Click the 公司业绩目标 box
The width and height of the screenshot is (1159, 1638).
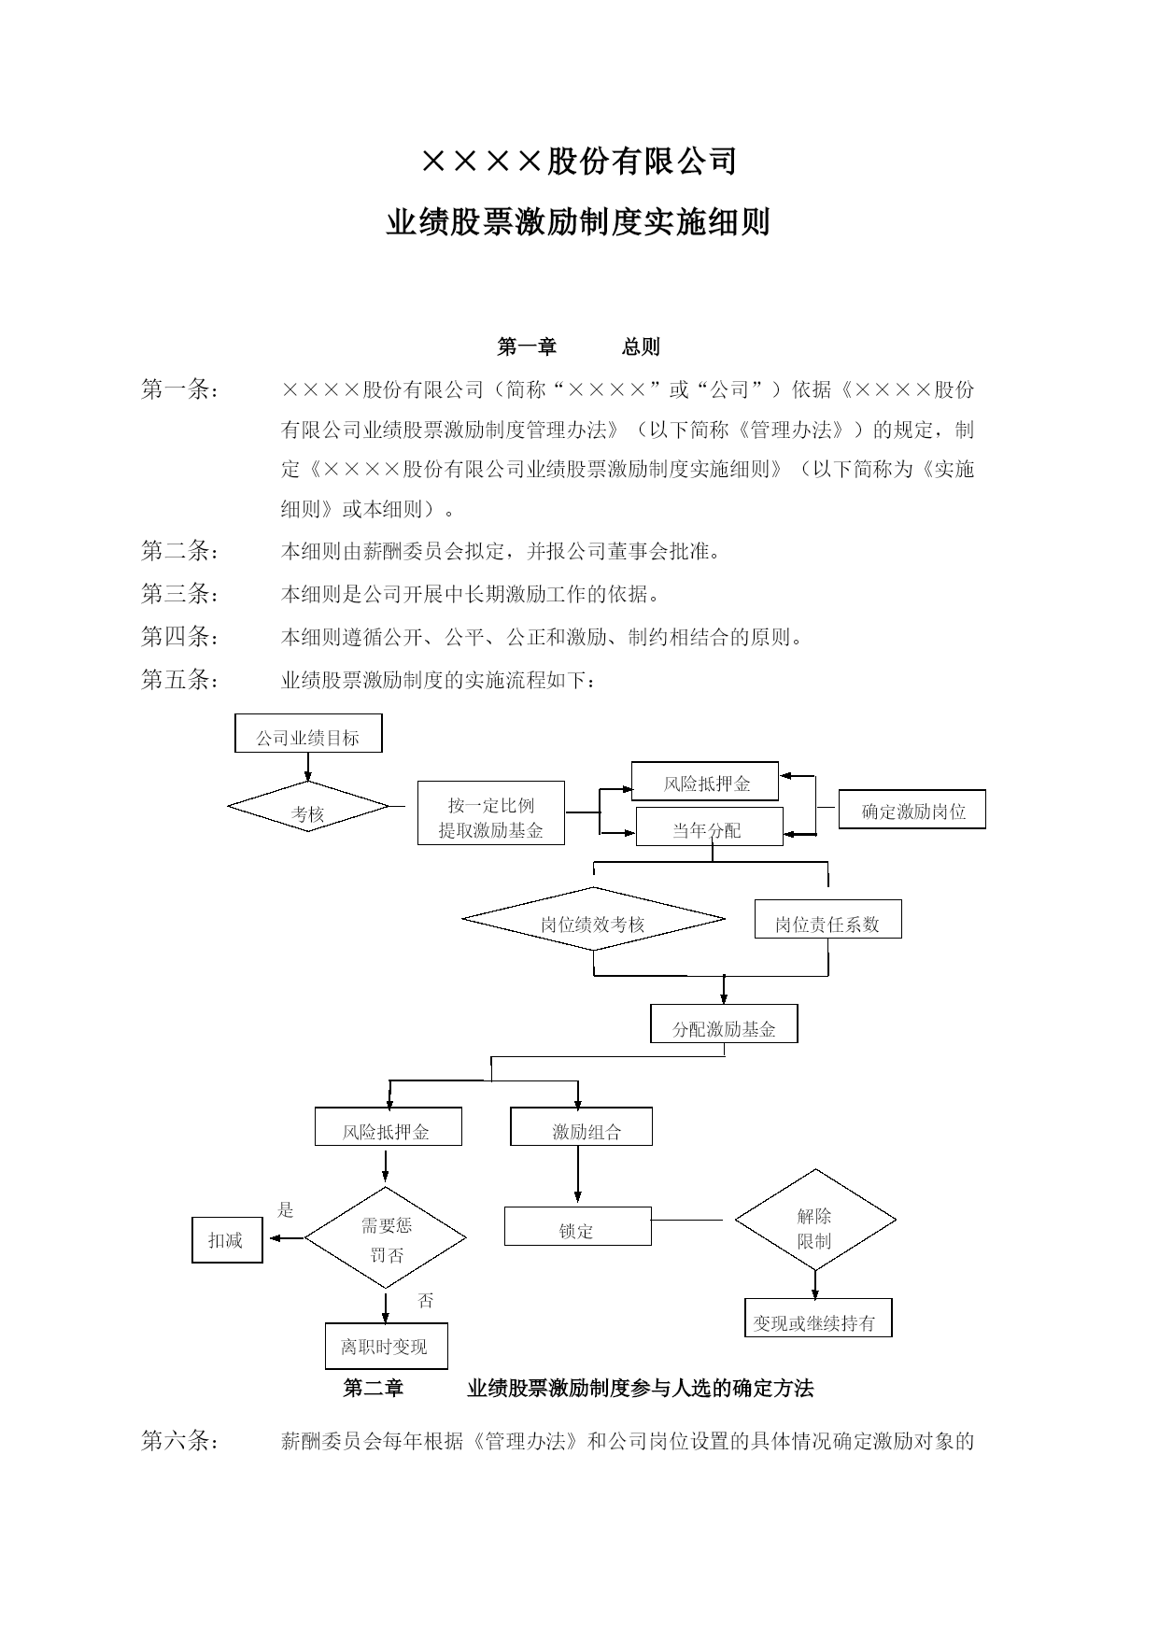tap(308, 733)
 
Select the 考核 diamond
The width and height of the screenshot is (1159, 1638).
tap(308, 807)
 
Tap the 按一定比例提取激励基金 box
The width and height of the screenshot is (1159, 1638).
tap(490, 812)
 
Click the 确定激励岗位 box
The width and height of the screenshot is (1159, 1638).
tap(912, 809)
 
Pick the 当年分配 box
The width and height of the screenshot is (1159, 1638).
tap(709, 826)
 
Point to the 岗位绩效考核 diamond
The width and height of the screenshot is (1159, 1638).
tap(593, 919)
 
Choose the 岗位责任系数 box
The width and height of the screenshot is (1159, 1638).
tap(827, 919)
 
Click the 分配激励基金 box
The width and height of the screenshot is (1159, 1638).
tap(724, 1024)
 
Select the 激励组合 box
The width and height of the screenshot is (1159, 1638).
tap(581, 1127)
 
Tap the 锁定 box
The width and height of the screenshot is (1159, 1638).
tap(577, 1226)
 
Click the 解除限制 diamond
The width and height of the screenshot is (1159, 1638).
tap(815, 1220)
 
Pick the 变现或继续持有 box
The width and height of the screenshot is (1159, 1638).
tap(818, 1317)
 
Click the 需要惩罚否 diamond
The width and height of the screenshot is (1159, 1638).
tap(386, 1238)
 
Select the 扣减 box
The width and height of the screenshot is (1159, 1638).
tap(227, 1240)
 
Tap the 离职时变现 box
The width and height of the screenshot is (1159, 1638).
tap(386, 1346)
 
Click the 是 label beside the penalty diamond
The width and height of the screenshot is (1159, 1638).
tap(286, 1210)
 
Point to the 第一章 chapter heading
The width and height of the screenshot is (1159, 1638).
tap(527, 346)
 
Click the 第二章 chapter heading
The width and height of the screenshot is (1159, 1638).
tap(374, 1389)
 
